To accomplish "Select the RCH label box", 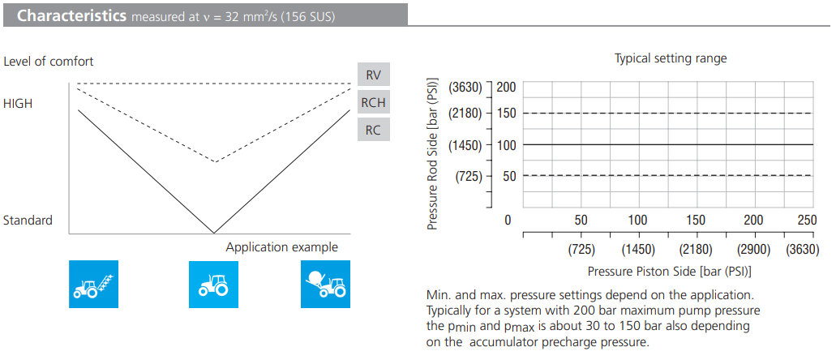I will (373, 103).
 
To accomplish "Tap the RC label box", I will (373, 129).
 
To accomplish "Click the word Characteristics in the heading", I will (71, 15).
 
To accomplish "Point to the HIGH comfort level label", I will (18, 104).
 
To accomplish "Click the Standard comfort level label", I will (28, 221).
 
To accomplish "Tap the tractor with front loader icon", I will (93, 284).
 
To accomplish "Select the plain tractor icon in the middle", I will (213, 284).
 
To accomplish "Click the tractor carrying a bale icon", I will (324, 284).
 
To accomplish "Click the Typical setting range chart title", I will (671, 58).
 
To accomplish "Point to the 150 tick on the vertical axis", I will (506, 113).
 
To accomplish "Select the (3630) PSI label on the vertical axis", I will (465, 87).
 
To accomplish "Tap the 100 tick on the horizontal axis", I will (638, 220).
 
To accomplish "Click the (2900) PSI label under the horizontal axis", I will (753, 249).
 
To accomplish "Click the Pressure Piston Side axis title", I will (669, 271).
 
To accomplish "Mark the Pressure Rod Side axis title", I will (433, 154).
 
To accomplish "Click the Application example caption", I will (281, 247).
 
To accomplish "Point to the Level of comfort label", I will (49, 62).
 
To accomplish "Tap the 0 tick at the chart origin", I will (508, 220).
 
